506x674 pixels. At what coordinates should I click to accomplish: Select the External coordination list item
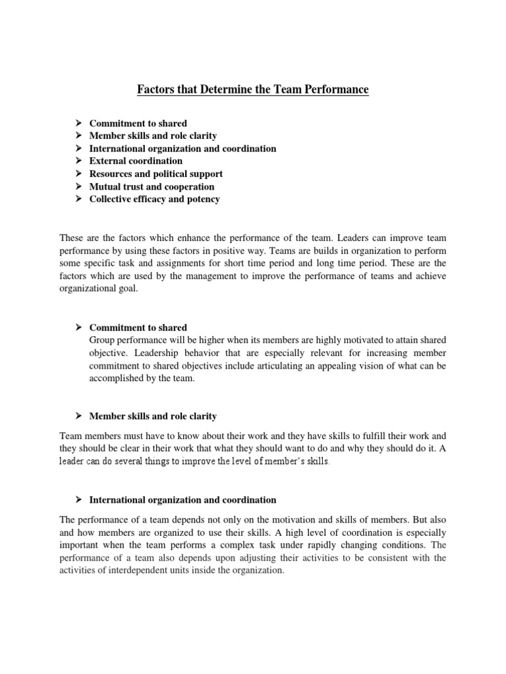(136, 161)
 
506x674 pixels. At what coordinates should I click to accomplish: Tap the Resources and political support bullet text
(155, 174)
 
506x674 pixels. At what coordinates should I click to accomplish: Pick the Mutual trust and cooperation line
(152, 186)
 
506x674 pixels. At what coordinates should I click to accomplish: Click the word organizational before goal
(88, 288)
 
